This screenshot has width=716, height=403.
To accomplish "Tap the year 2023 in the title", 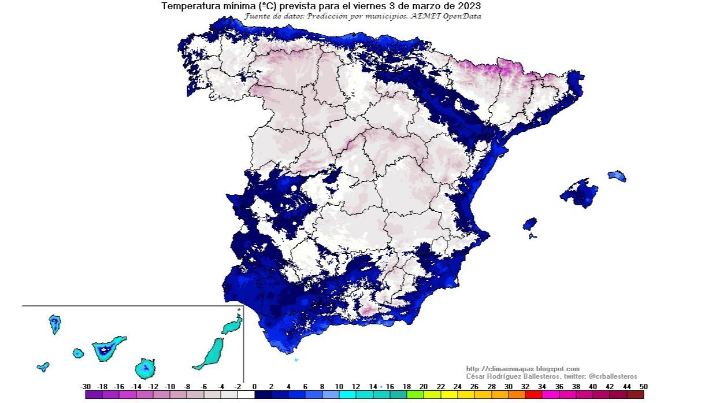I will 468,6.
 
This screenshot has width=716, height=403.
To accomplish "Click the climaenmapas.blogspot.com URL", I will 522,369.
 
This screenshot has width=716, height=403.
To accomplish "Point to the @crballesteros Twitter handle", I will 613,376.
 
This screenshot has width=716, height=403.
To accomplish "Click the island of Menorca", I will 617,176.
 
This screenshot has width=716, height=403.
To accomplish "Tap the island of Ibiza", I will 529,223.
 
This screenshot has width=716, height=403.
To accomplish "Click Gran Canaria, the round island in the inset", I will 145,367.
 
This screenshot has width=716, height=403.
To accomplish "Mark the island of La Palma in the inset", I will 55,323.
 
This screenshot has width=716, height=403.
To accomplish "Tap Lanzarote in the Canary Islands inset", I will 232,326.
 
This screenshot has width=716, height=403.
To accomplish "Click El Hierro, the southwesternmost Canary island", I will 43,366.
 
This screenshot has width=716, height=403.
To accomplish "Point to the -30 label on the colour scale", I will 86,386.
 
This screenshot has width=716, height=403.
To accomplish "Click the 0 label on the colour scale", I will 254,386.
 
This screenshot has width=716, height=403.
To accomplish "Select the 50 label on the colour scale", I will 643,386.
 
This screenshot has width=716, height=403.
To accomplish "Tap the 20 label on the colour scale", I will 424,386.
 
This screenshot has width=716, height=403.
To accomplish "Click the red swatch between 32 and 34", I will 533,395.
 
